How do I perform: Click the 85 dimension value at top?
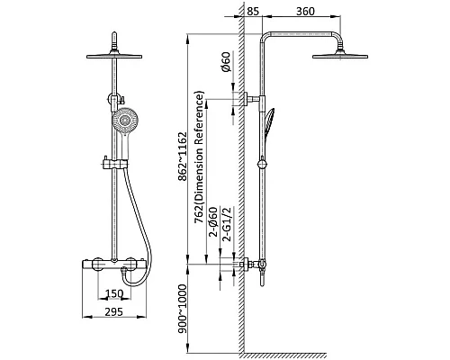(253, 12)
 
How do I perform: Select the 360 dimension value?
(305, 12)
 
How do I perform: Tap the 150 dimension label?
(114, 293)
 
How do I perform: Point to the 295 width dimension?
(114, 311)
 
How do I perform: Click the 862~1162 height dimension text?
(182, 157)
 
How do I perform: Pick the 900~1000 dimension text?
(182, 309)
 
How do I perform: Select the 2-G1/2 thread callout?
(228, 224)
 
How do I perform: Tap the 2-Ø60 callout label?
(213, 222)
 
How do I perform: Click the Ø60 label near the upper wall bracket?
(226, 62)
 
